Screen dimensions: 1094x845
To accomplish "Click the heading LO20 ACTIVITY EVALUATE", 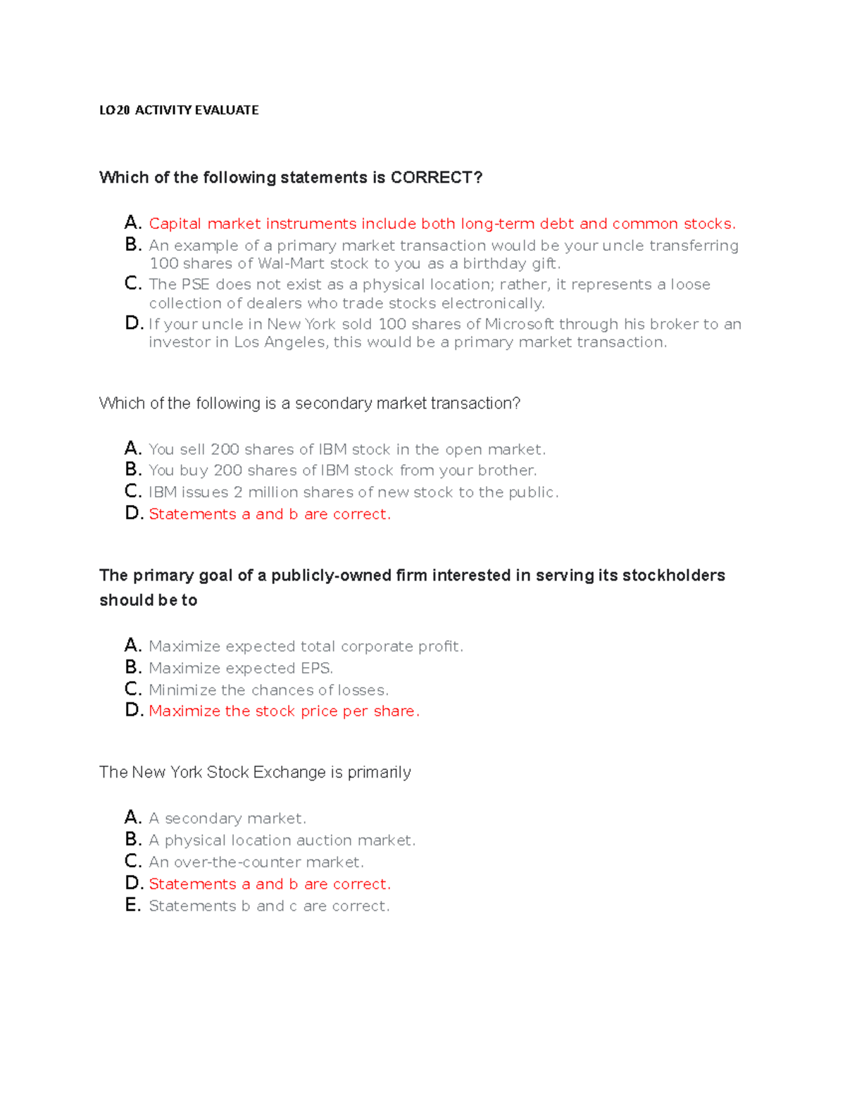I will tap(179, 110).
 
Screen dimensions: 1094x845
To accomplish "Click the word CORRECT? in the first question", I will tap(437, 178).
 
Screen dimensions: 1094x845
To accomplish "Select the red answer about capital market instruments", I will tap(442, 224).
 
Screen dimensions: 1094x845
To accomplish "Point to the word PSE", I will tap(196, 285).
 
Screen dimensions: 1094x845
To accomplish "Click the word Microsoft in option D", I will tap(520, 324).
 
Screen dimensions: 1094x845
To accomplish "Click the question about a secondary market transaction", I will tap(310, 404).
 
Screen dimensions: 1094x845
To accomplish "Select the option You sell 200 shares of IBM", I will tap(346, 449).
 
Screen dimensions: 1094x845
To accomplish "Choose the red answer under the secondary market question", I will tap(269, 514).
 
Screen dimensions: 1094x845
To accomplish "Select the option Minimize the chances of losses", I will tap(268, 690).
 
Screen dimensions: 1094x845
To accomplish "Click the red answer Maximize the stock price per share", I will tap(284, 711).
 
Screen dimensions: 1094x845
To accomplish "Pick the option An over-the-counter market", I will tap(256, 862).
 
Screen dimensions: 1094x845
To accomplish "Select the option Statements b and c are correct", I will tap(269, 906).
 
